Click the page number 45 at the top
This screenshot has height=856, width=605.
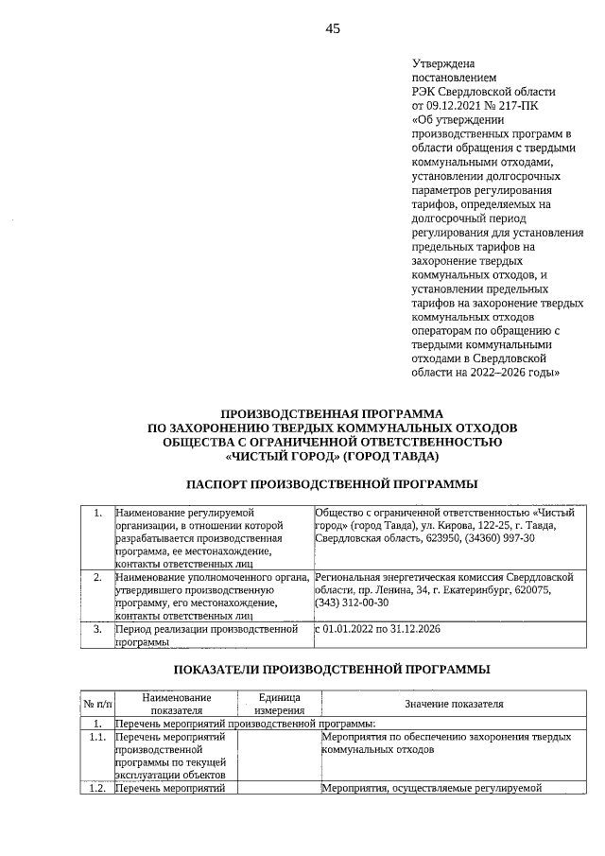pyautogui.click(x=333, y=28)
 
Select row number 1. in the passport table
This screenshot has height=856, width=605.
pyautogui.click(x=97, y=513)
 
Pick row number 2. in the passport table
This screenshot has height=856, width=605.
pyautogui.click(x=97, y=575)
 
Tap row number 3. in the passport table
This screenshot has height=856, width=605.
pyautogui.click(x=97, y=628)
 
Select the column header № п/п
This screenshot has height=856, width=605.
pyautogui.click(x=96, y=704)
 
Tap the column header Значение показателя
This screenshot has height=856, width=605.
pyautogui.click(x=454, y=704)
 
